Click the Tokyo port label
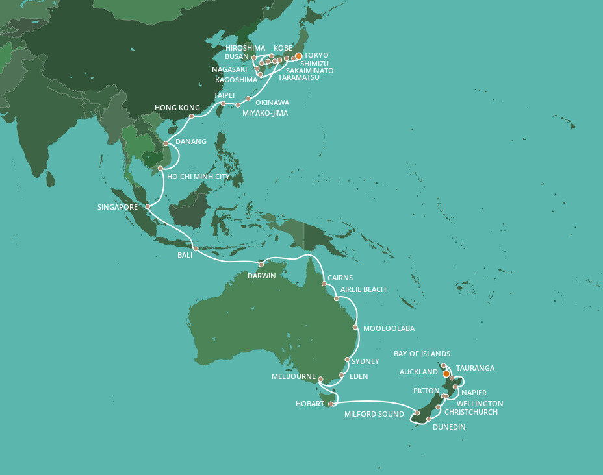coord(316,55)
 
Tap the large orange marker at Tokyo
coord(299,56)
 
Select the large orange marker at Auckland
coord(446,374)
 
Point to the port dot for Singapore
coord(148,207)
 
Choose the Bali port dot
coord(195,249)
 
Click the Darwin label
coord(262,276)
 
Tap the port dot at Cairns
coord(324,284)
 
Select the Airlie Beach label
coord(363,289)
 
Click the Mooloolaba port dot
coord(356,328)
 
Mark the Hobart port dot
coord(331,404)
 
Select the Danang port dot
coord(166,143)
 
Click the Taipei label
coord(224,95)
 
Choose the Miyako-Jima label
coord(264,114)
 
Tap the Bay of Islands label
coord(422,354)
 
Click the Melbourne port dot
coord(320,378)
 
